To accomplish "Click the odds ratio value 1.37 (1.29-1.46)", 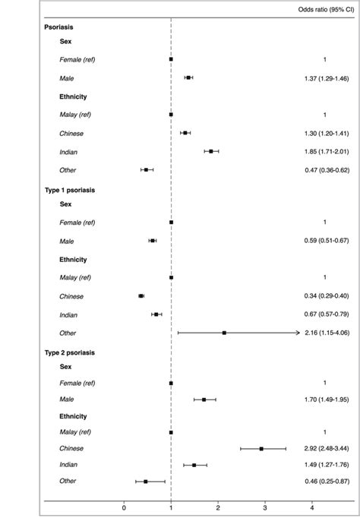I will coord(324,77).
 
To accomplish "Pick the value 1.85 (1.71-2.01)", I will coord(324,151).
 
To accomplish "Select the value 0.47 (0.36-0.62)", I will coord(324,170).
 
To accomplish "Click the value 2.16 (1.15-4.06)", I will coord(324,333).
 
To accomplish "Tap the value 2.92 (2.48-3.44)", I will coord(324,448).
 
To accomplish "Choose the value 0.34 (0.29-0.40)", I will coord(324,296).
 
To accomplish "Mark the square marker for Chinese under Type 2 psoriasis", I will coord(261,448).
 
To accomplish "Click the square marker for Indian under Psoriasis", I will coord(211,151).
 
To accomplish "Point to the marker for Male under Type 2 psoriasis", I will coord(204,399).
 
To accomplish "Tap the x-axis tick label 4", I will coord(311,508).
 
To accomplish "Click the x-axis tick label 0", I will coord(125,508).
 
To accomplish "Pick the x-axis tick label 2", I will coord(218,508).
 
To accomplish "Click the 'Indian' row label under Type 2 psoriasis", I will coord(69,464).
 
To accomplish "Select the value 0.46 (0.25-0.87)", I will coord(324,481).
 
